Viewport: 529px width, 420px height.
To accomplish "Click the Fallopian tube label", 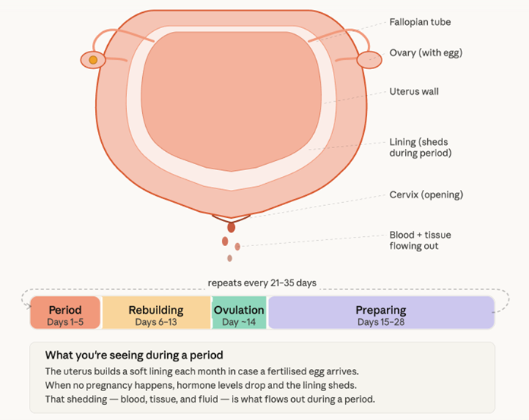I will point(420,22).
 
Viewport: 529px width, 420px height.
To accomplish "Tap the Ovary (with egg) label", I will point(426,53).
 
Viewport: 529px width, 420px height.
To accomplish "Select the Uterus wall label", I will point(413,92).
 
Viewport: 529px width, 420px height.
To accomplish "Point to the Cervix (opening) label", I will point(426,194).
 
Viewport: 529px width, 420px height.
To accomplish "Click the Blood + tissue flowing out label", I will point(420,240).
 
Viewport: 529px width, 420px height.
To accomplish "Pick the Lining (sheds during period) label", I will point(420,147).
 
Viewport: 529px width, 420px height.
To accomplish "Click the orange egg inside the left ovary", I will point(93,59).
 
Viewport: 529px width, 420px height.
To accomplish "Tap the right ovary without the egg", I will point(369,59).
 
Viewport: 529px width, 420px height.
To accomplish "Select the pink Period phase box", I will point(65,313).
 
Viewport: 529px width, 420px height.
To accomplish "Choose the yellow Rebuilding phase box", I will point(156,313).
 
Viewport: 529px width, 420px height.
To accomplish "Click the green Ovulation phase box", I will point(239,313).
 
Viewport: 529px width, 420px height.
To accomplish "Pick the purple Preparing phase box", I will point(381,313).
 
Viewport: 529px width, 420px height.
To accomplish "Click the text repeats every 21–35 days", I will point(262,283).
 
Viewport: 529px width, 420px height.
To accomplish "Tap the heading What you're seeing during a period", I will point(134,355).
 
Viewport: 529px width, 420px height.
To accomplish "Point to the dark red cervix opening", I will point(231,226).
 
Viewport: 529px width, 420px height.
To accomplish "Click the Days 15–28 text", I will point(381,322).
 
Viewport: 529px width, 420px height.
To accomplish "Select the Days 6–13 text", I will point(156,322).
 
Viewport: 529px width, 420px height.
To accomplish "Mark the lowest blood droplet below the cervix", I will point(230,258).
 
